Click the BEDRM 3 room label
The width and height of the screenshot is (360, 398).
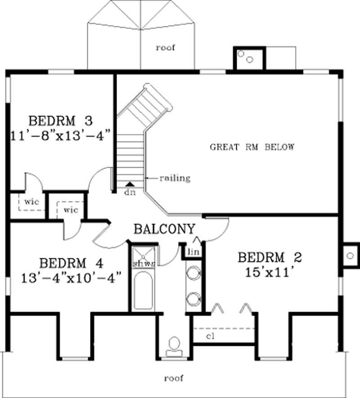[60, 121]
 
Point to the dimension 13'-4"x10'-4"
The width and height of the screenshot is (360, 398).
[72, 278]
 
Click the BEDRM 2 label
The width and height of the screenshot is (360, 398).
[270, 258]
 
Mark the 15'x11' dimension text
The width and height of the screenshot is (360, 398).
[270, 272]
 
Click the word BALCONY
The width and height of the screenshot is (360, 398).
[165, 229]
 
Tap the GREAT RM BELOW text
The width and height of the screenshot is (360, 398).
[252, 147]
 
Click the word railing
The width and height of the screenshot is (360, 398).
[175, 179]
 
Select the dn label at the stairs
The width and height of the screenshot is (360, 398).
[130, 191]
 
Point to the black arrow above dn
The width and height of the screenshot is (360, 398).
[130, 183]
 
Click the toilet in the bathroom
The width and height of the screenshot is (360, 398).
[174, 345]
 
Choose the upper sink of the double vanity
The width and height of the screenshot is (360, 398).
[194, 273]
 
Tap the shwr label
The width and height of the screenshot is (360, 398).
[144, 264]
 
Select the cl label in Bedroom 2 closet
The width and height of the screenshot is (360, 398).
[210, 336]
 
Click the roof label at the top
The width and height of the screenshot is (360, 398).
[165, 47]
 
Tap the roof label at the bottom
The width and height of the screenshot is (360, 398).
[174, 378]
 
